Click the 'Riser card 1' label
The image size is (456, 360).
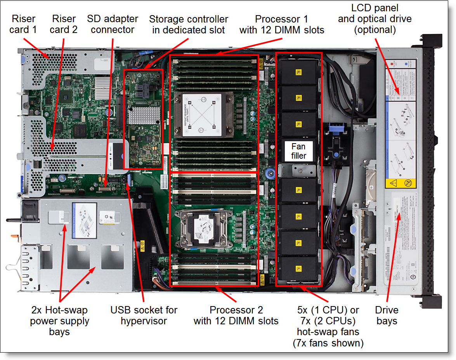point(24,24)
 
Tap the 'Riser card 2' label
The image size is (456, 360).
point(64,24)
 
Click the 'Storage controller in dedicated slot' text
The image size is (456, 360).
point(189,24)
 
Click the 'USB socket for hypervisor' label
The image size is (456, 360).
point(144,315)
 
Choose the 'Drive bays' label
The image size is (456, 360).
point(387,315)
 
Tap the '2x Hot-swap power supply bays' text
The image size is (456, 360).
point(60,321)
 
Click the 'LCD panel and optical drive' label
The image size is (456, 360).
point(375,19)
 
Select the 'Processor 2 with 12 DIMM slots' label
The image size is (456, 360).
point(236,315)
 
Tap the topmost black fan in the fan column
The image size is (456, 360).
point(298,72)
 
